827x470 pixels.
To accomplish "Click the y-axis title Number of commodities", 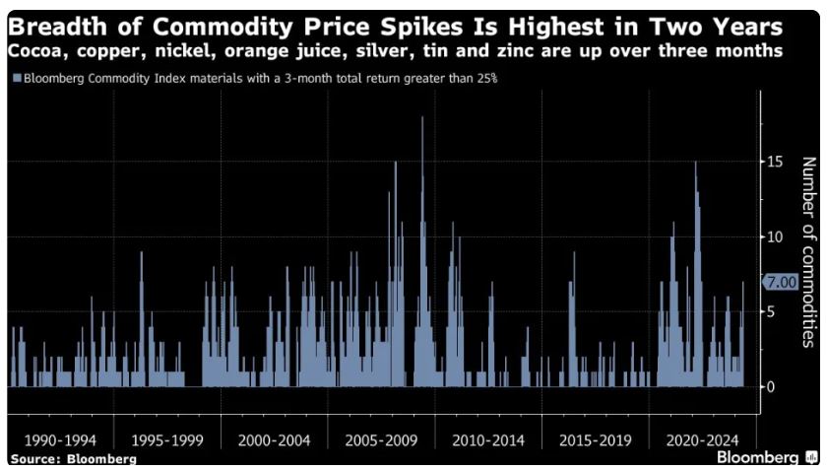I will [x=807, y=252].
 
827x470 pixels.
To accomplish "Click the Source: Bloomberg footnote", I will [x=74, y=459].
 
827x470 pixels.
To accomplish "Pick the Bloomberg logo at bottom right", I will [x=764, y=457].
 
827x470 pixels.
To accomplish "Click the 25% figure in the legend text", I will [x=477, y=78].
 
